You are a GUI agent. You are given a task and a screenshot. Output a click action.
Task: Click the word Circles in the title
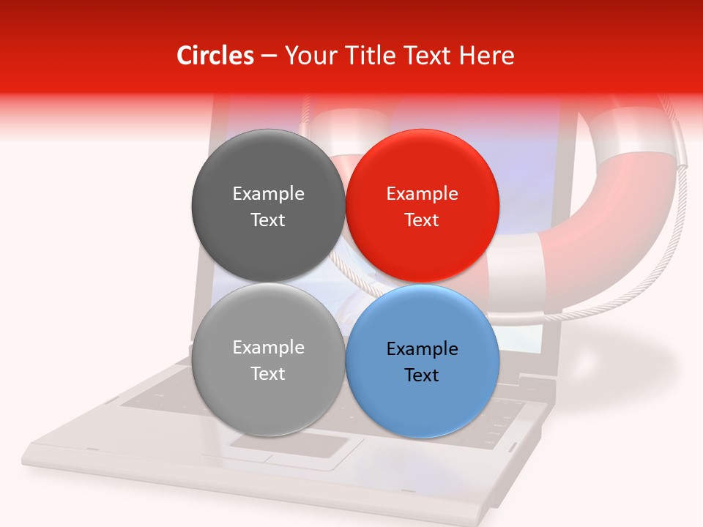215,56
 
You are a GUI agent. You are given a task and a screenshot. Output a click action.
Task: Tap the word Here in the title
486,56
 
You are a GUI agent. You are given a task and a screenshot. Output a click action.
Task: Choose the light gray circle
268,399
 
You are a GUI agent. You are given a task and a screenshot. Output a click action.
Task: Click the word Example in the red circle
422,194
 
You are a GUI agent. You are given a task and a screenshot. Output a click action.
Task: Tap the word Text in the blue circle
422,375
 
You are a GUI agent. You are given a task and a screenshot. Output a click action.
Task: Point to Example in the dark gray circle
268,194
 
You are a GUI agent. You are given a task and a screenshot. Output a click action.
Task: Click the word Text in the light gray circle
268,374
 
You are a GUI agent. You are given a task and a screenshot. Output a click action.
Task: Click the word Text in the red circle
422,220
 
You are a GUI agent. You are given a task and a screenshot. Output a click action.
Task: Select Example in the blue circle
422,349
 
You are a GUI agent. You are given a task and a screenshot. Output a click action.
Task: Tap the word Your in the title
308,56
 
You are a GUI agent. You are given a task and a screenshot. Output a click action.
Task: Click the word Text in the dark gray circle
268,220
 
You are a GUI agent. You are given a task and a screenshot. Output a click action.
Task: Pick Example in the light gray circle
268,348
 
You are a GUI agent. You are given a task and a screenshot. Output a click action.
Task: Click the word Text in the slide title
426,56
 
